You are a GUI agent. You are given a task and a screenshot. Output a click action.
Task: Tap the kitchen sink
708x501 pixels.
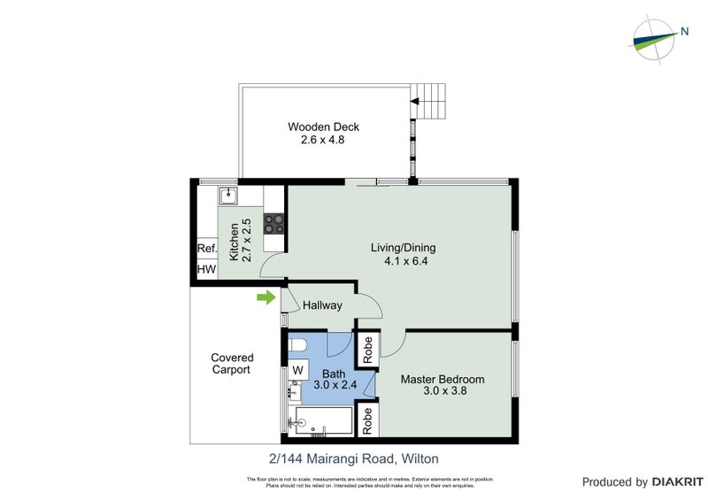click(228, 195)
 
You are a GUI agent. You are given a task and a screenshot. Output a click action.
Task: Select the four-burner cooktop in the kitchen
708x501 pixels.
click(273, 223)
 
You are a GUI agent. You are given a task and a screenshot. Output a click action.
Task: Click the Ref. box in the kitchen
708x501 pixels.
click(206, 249)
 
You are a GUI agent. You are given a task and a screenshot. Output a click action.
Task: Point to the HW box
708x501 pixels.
click(206, 269)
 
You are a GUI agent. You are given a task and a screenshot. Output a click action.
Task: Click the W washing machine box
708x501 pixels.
click(297, 369)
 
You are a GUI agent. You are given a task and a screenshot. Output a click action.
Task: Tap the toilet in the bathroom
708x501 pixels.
click(298, 345)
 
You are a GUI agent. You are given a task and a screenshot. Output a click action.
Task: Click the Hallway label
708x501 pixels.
click(322, 305)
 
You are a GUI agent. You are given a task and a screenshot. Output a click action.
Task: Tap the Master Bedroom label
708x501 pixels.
click(442, 380)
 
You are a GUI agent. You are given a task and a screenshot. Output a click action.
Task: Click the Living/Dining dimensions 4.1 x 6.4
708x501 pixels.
click(404, 261)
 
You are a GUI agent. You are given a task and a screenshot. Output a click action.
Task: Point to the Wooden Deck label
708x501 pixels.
click(324, 127)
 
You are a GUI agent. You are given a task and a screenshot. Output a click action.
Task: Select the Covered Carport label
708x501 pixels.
click(232, 364)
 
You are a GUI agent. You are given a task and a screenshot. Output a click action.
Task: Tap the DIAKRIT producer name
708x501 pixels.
click(677, 482)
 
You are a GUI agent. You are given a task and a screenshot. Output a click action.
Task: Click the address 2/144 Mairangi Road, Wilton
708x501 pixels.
click(354, 459)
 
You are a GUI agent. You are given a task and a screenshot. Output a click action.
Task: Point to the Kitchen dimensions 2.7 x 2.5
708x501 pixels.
click(247, 239)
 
